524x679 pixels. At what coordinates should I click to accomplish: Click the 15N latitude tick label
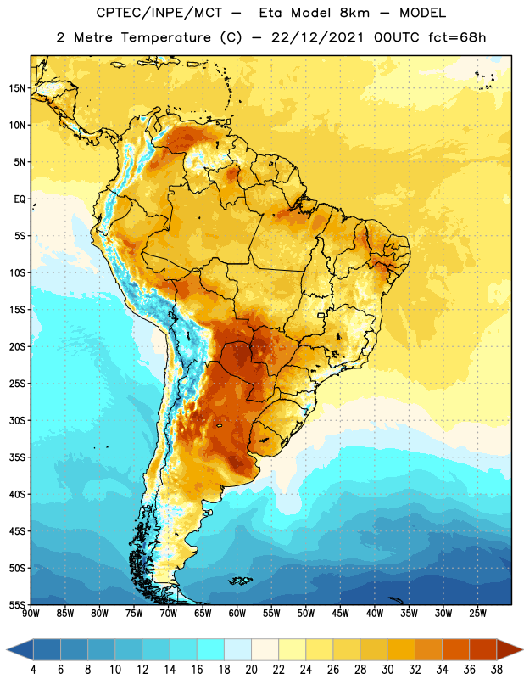click(x=17, y=88)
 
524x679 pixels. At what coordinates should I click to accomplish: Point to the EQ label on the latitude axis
click(x=20, y=199)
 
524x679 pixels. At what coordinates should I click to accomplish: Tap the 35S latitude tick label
click(x=17, y=457)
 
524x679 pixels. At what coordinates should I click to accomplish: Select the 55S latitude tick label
click(x=17, y=604)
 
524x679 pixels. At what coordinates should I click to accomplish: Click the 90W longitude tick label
click(x=31, y=614)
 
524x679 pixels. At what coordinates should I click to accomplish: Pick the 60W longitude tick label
click(x=237, y=614)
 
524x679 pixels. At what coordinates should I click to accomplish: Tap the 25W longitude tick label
click(x=477, y=614)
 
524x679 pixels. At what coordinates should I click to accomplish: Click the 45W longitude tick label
click(x=340, y=614)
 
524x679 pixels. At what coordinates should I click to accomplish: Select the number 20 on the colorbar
click(x=251, y=670)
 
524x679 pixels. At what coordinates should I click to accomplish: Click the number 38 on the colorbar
click(x=496, y=670)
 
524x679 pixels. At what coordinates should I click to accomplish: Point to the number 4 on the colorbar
click(x=33, y=670)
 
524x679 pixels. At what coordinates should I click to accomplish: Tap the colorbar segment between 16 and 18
click(x=210, y=649)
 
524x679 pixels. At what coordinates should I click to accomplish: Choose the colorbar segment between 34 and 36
click(x=455, y=649)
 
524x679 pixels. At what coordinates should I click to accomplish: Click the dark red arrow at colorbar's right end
click(x=510, y=649)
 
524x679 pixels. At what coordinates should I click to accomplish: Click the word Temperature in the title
click(x=165, y=37)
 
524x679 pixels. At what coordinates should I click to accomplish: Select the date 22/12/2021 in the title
click(x=318, y=37)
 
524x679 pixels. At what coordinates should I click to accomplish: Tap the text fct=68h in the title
click(x=457, y=37)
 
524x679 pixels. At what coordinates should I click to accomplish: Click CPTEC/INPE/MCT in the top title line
click(x=159, y=13)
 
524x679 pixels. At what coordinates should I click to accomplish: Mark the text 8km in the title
click(x=354, y=13)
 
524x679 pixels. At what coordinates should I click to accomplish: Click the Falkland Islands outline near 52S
click(x=240, y=581)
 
